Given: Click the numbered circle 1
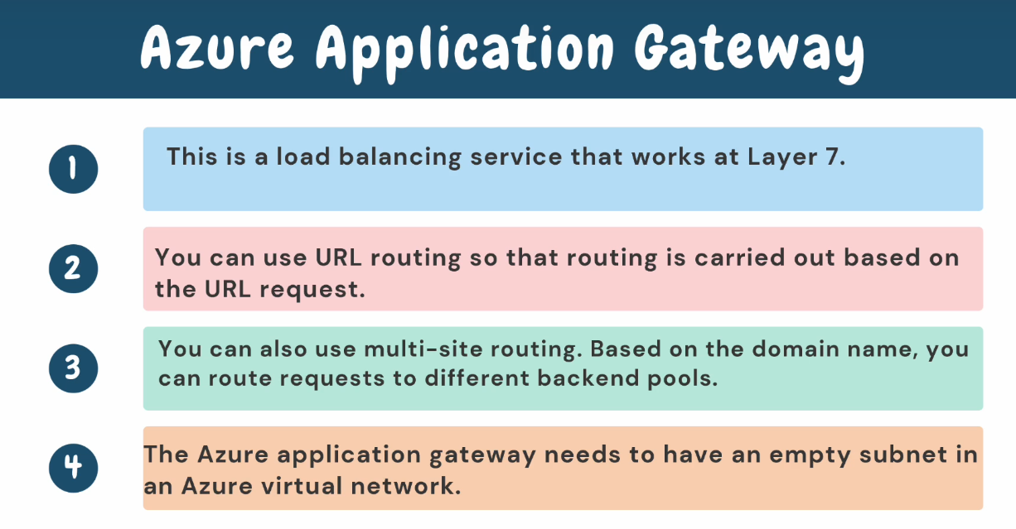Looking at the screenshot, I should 73,169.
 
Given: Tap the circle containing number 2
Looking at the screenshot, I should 73,268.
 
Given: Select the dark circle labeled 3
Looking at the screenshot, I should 73,368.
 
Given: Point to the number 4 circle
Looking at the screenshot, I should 73,468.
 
